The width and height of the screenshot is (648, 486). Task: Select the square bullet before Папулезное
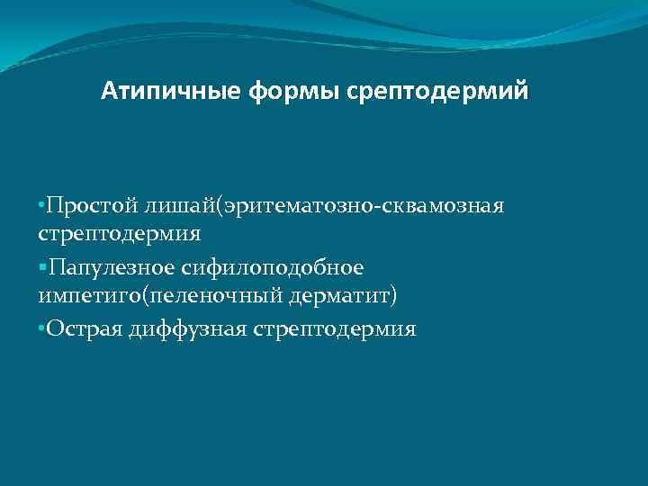coord(43,268)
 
